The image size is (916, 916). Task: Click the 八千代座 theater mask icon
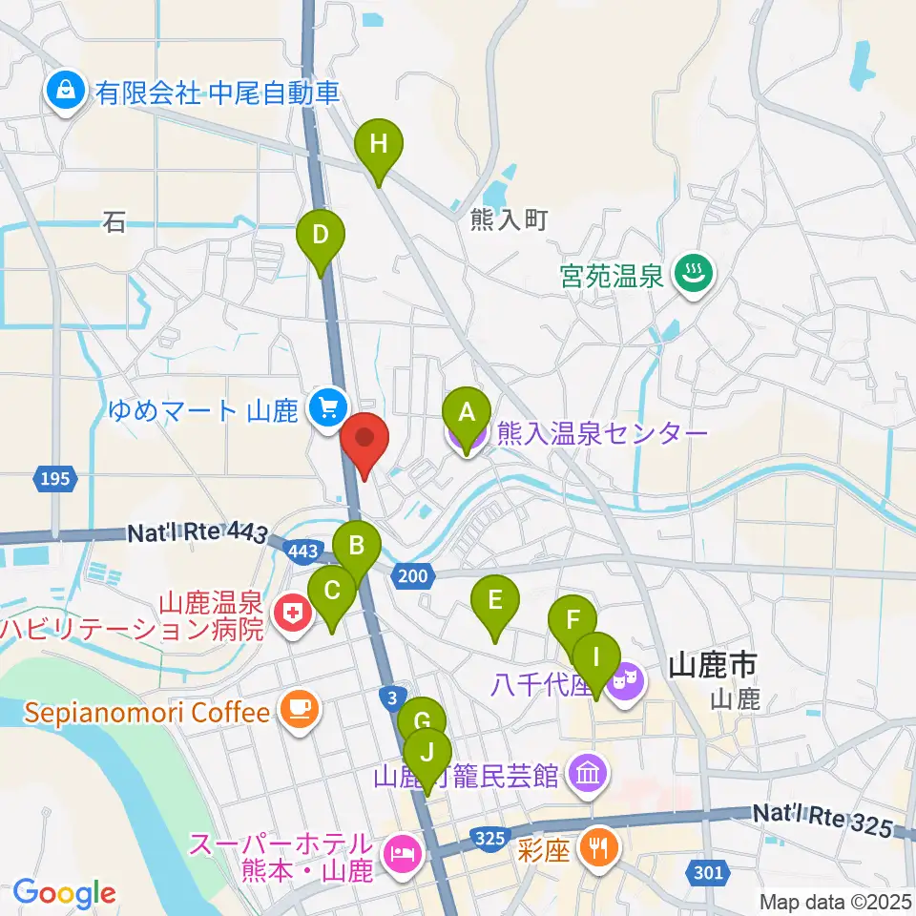point(626,683)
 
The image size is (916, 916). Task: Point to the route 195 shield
point(55,478)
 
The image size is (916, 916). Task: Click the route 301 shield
point(707,871)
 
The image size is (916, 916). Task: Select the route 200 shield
point(413,574)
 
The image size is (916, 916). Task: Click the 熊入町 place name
point(509,220)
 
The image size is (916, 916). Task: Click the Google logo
point(64,893)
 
